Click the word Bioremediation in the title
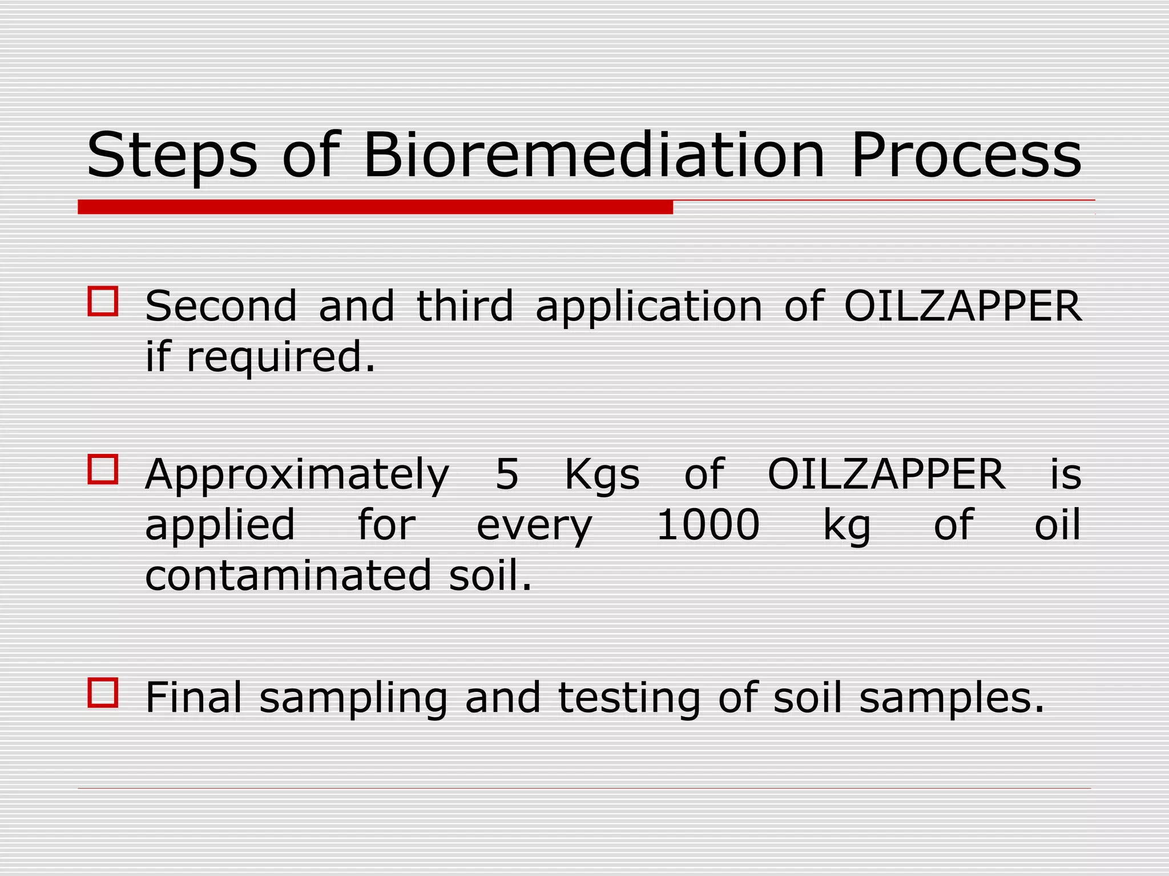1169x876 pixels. pos(594,155)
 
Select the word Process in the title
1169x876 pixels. pos(966,155)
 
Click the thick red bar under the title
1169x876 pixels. pos(375,207)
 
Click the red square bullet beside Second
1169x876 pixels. pos(103,301)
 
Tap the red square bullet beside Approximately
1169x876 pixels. pos(103,469)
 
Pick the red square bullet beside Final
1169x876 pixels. pos(103,693)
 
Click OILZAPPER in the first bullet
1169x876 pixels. pos(962,306)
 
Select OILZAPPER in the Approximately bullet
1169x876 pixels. pos(886,474)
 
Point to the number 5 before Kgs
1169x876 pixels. pos(506,474)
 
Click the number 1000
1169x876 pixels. pos(708,525)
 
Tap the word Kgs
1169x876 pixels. pos(602,475)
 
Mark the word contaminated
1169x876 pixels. pos(288,575)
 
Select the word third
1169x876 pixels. pos(465,306)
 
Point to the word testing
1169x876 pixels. pos(628,699)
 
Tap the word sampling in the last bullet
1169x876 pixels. pos(353,699)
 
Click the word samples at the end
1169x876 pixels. pos(951,699)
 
